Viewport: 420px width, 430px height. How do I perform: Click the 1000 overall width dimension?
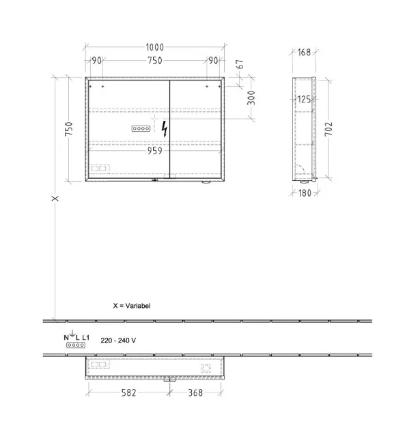[x=155, y=47]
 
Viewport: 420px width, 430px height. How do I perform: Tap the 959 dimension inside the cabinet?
[x=155, y=151]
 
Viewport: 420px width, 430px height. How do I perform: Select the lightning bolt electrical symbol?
[x=165, y=128]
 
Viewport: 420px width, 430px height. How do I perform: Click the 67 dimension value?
[x=240, y=64]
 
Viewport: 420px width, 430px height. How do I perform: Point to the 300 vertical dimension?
[x=251, y=98]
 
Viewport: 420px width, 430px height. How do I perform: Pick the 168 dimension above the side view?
[x=304, y=52]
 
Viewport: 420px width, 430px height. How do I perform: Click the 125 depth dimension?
[x=304, y=99]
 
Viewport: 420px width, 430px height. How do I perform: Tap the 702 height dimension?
[x=328, y=129]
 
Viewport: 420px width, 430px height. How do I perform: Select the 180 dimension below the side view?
[x=305, y=193]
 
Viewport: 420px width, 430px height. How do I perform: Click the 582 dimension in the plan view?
[x=128, y=392]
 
